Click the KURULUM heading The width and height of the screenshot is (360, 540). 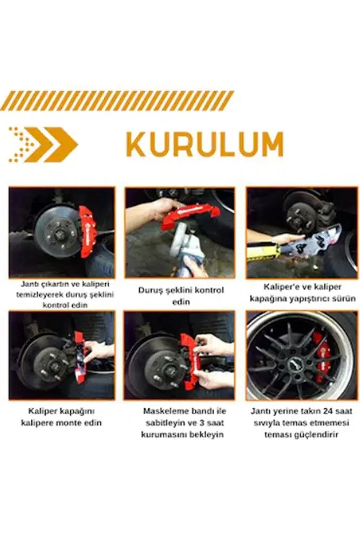tap(205, 145)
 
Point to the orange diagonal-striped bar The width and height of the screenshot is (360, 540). tap(117, 100)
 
